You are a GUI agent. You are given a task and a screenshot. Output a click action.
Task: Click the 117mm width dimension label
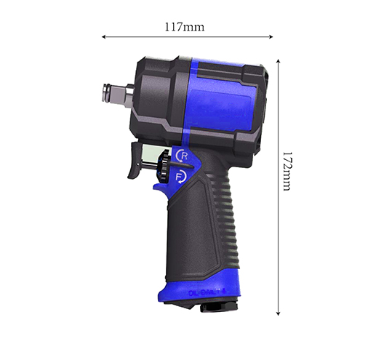[x=184, y=26]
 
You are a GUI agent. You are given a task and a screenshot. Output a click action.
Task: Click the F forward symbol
[x=181, y=176]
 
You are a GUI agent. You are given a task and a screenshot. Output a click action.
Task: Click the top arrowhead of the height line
[x=278, y=61]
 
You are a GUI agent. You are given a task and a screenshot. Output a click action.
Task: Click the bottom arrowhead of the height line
[x=278, y=313]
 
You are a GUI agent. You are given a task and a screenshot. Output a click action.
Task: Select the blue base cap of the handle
[x=196, y=291]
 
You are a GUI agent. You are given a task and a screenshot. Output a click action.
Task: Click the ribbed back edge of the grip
[x=233, y=218]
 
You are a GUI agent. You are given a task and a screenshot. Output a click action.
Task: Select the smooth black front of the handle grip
[x=182, y=233]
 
